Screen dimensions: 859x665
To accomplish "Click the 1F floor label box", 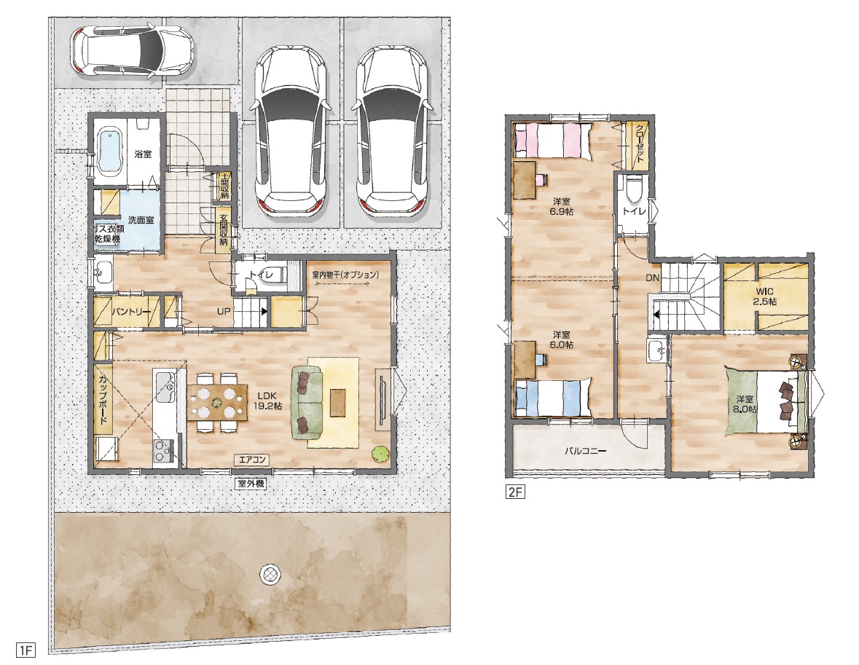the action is point(26,650).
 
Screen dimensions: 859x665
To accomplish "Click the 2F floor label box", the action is point(515,492).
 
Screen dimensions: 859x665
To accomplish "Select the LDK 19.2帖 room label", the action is point(267,401).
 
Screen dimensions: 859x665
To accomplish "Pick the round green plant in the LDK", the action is point(378,454).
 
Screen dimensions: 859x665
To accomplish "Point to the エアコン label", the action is point(252,460).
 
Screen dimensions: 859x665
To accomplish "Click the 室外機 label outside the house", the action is point(251,484).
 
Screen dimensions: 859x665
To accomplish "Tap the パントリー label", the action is point(131,312).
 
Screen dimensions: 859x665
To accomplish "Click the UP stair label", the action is point(223,311).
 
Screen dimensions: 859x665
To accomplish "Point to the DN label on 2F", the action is point(652,278).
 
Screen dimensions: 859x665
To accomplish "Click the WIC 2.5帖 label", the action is point(765,296).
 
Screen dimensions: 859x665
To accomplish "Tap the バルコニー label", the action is point(586,452).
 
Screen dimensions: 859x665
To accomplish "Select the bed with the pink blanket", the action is point(553,141).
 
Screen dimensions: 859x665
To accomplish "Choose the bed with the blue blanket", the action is point(553,398).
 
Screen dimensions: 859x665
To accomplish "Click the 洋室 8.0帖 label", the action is point(745,404).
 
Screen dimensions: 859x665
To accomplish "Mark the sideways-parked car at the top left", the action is point(132,52).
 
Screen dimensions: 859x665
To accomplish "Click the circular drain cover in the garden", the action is point(270,574).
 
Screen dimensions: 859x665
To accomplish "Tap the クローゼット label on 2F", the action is point(639,143).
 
